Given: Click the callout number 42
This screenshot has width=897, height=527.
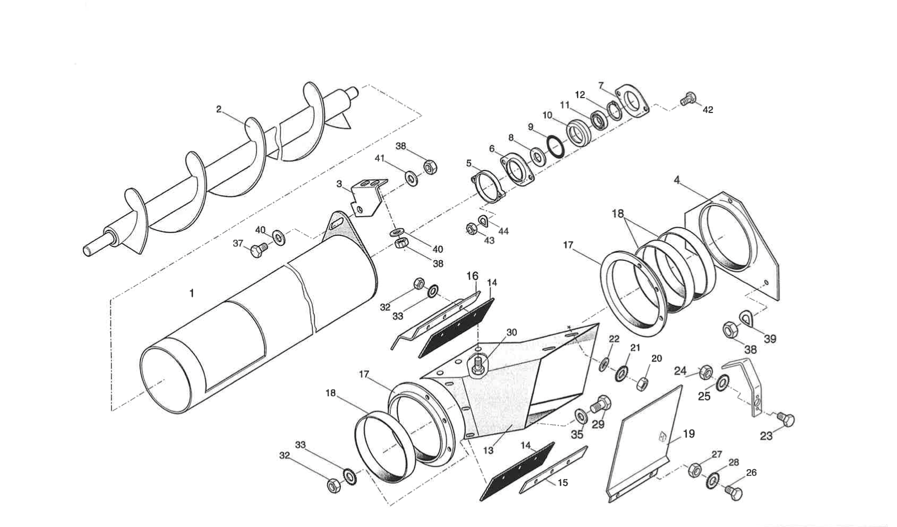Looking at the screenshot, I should (708, 110).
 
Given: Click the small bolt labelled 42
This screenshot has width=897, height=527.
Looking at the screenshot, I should (688, 99).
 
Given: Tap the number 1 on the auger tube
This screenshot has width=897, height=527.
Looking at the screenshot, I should (191, 293).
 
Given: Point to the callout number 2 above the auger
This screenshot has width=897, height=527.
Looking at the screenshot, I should (218, 109).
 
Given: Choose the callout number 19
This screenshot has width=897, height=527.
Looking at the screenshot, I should (689, 434).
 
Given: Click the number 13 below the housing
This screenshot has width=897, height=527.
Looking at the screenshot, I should (488, 450).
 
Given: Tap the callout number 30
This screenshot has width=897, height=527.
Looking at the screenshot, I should (511, 332).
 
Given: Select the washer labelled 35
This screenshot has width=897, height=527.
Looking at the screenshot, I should (581, 415).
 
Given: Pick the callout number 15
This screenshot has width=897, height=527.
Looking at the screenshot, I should (562, 483).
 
